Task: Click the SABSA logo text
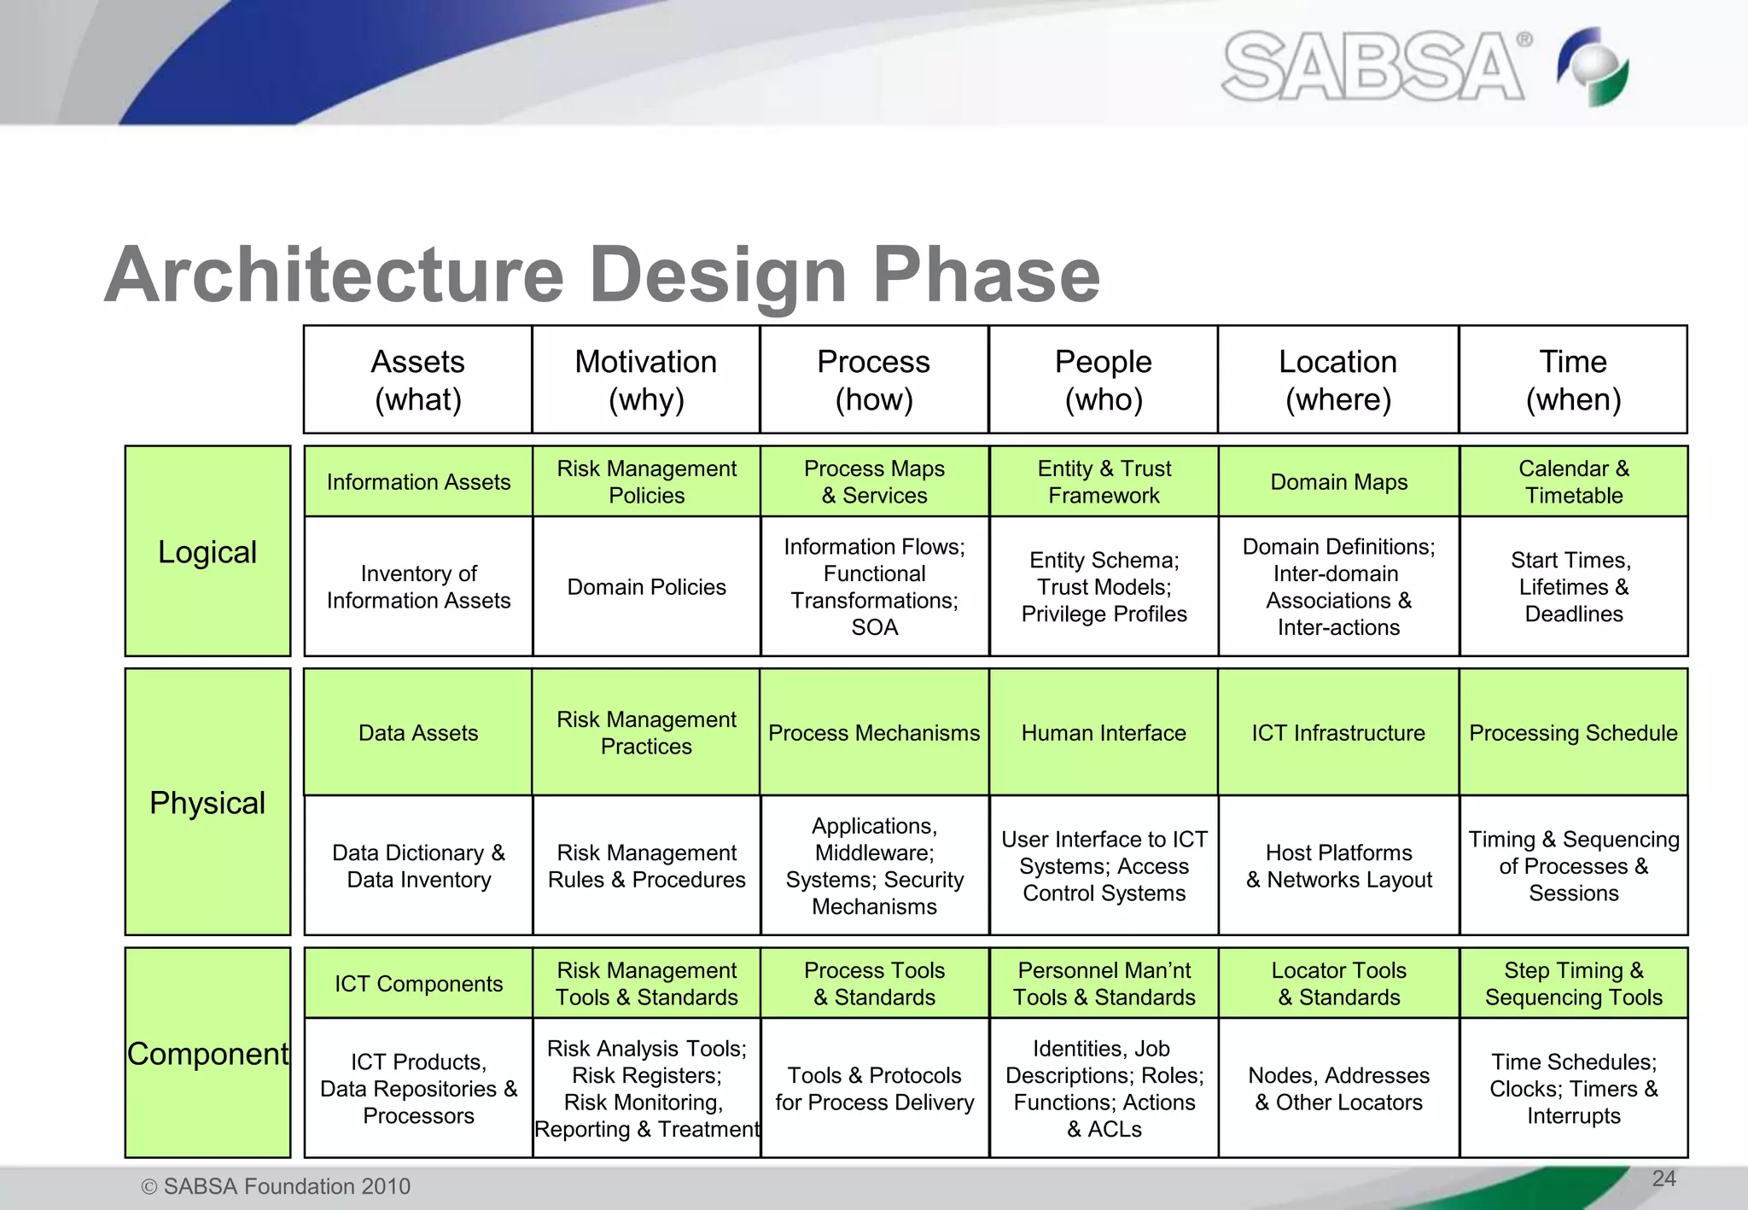click(x=1372, y=67)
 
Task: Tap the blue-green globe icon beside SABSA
click(x=1594, y=67)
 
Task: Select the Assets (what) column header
click(x=417, y=380)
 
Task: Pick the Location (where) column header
click(x=1337, y=380)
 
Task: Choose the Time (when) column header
click(x=1573, y=380)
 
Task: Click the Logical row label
click(x=207, y=551)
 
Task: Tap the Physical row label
click(x=207, y=802)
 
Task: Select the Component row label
click(x=207, y=1053)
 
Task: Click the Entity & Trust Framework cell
click(x=1104, y=481)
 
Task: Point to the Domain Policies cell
click(x=646, y=587)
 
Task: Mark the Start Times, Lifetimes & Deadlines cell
click(x=1573, y=587)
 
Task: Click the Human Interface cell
click(x=1104, y=732)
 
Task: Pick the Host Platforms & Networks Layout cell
click(x=1338, y=865)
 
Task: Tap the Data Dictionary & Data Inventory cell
click(x=418, y=865)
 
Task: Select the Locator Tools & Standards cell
click(x=1338, y=983)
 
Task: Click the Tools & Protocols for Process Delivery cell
click(x=874, y=1088)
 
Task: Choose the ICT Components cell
click(x=418, y=983)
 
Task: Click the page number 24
click(x=1664, y=1178)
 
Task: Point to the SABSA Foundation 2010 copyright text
click(x=276, y=1186)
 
